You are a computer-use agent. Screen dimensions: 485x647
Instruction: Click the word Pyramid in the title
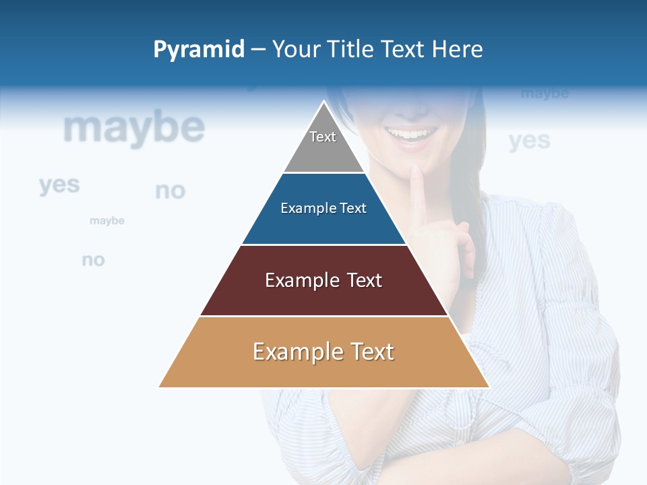click(x=199, y=50)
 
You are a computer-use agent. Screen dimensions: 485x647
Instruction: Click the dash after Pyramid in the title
click(x=258, y=50)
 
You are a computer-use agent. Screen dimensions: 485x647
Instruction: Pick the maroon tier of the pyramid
click(x=323, y=296)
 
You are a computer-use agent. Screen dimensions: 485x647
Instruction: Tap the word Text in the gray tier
click(x=323, y=137)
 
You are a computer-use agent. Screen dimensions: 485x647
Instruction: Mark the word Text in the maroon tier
click(x=365, y=280)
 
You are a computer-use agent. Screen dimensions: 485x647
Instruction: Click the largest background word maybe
click(x=134, y=128)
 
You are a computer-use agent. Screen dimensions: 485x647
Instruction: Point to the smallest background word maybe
click(x=107, y=221)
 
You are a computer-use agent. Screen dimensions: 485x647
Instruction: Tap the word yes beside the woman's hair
click(x=530, y=141)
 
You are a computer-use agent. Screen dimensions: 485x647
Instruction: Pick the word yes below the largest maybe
click(x=59, y=185)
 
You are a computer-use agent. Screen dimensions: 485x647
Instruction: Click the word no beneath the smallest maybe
click(x=93, y=260)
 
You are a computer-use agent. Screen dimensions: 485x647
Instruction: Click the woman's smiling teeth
click(x=410, y=134)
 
